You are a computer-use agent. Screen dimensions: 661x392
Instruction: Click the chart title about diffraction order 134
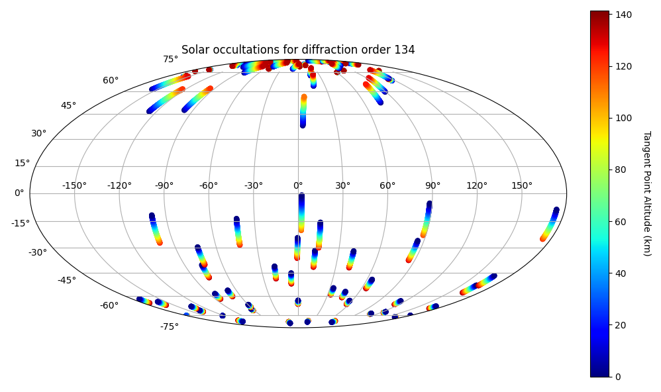point(298,50)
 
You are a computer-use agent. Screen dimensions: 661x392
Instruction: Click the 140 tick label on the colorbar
point(623,15)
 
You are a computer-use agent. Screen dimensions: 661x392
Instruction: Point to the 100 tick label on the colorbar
point(623,118)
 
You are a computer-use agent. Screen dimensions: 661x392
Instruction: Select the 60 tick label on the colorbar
point(621,222)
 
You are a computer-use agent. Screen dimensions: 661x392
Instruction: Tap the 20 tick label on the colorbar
point(621,325)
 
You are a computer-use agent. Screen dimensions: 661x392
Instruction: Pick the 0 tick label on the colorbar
point(618,377)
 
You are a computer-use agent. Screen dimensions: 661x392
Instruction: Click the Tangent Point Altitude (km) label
point(647,193)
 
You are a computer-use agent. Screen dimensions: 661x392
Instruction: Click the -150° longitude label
point(75,185)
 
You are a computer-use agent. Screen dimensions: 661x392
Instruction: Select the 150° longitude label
point(522,185)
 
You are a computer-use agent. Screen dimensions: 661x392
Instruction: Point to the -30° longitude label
point(254,185)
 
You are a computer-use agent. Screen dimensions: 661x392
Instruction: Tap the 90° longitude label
point(432,185)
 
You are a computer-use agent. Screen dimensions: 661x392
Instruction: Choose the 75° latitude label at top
point(171,60)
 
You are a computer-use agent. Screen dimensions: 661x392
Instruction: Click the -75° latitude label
point(170,326)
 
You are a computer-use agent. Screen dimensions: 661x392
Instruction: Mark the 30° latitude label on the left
point(39,134)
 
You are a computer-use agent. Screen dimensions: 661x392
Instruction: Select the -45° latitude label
point(67,280)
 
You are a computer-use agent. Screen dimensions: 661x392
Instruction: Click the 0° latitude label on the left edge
point(19,193)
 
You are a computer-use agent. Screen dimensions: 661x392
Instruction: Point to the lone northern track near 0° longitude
point(303,111)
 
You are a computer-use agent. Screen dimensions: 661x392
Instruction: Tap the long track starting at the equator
point(301,213)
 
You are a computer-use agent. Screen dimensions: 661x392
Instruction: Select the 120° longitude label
point(477,185)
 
